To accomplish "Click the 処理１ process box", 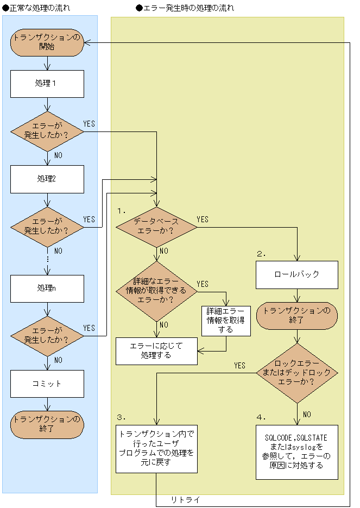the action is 47,84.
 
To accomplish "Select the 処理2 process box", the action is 47,179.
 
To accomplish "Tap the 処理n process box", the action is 47,289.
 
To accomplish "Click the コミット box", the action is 47,384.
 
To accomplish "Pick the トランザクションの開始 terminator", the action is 47,42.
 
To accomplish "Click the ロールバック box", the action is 297,275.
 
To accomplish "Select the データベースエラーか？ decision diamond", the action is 156,227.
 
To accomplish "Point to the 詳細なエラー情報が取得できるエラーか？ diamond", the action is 156,291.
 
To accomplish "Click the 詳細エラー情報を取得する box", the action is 226,321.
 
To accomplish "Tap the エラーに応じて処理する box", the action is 157,351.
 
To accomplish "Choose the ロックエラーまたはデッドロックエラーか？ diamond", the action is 297,373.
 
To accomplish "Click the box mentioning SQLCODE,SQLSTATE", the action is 297,452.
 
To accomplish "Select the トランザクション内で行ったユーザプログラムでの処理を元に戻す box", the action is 157,449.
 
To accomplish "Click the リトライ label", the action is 186,499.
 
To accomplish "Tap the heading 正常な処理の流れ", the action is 36,8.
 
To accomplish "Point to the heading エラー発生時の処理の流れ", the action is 185,8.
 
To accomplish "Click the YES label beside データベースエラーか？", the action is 203,219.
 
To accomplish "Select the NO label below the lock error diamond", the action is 307,415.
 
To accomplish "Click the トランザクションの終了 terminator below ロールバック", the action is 297,316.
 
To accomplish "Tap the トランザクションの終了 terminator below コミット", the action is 47,425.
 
